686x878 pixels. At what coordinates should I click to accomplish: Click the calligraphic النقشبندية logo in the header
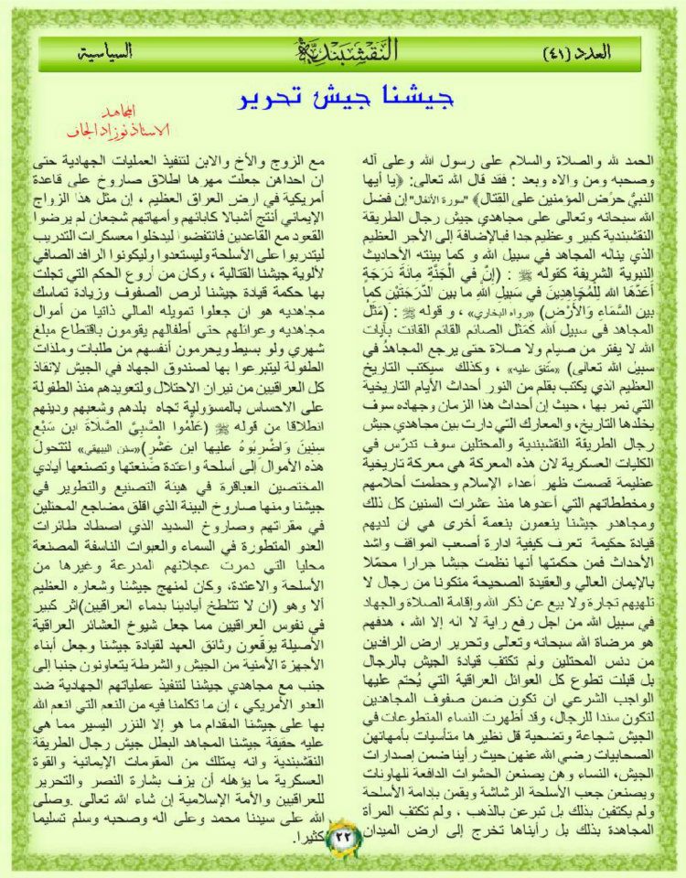pos(343,52)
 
